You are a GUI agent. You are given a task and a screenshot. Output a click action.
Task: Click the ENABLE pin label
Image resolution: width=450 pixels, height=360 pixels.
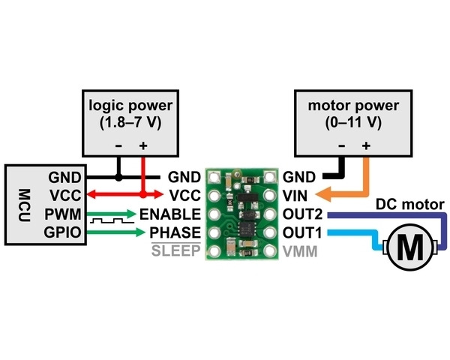(170, 214)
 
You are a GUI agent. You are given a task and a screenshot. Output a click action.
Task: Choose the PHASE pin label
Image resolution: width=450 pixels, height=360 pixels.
(175, 232)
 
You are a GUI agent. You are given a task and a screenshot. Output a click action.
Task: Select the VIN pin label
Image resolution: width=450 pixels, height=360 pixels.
(295, 196)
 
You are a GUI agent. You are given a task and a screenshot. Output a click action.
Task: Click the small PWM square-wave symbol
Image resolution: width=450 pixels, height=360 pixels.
(107, 223)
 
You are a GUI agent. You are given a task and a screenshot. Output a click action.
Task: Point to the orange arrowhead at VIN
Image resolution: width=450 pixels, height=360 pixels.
(328, 196)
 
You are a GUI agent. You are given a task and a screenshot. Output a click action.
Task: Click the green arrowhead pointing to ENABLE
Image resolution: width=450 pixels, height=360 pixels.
(131, 214)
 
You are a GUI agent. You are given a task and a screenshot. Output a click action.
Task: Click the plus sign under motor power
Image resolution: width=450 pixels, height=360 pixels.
(367, 145)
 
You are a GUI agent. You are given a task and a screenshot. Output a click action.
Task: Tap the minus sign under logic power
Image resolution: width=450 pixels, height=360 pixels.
(118, 145)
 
